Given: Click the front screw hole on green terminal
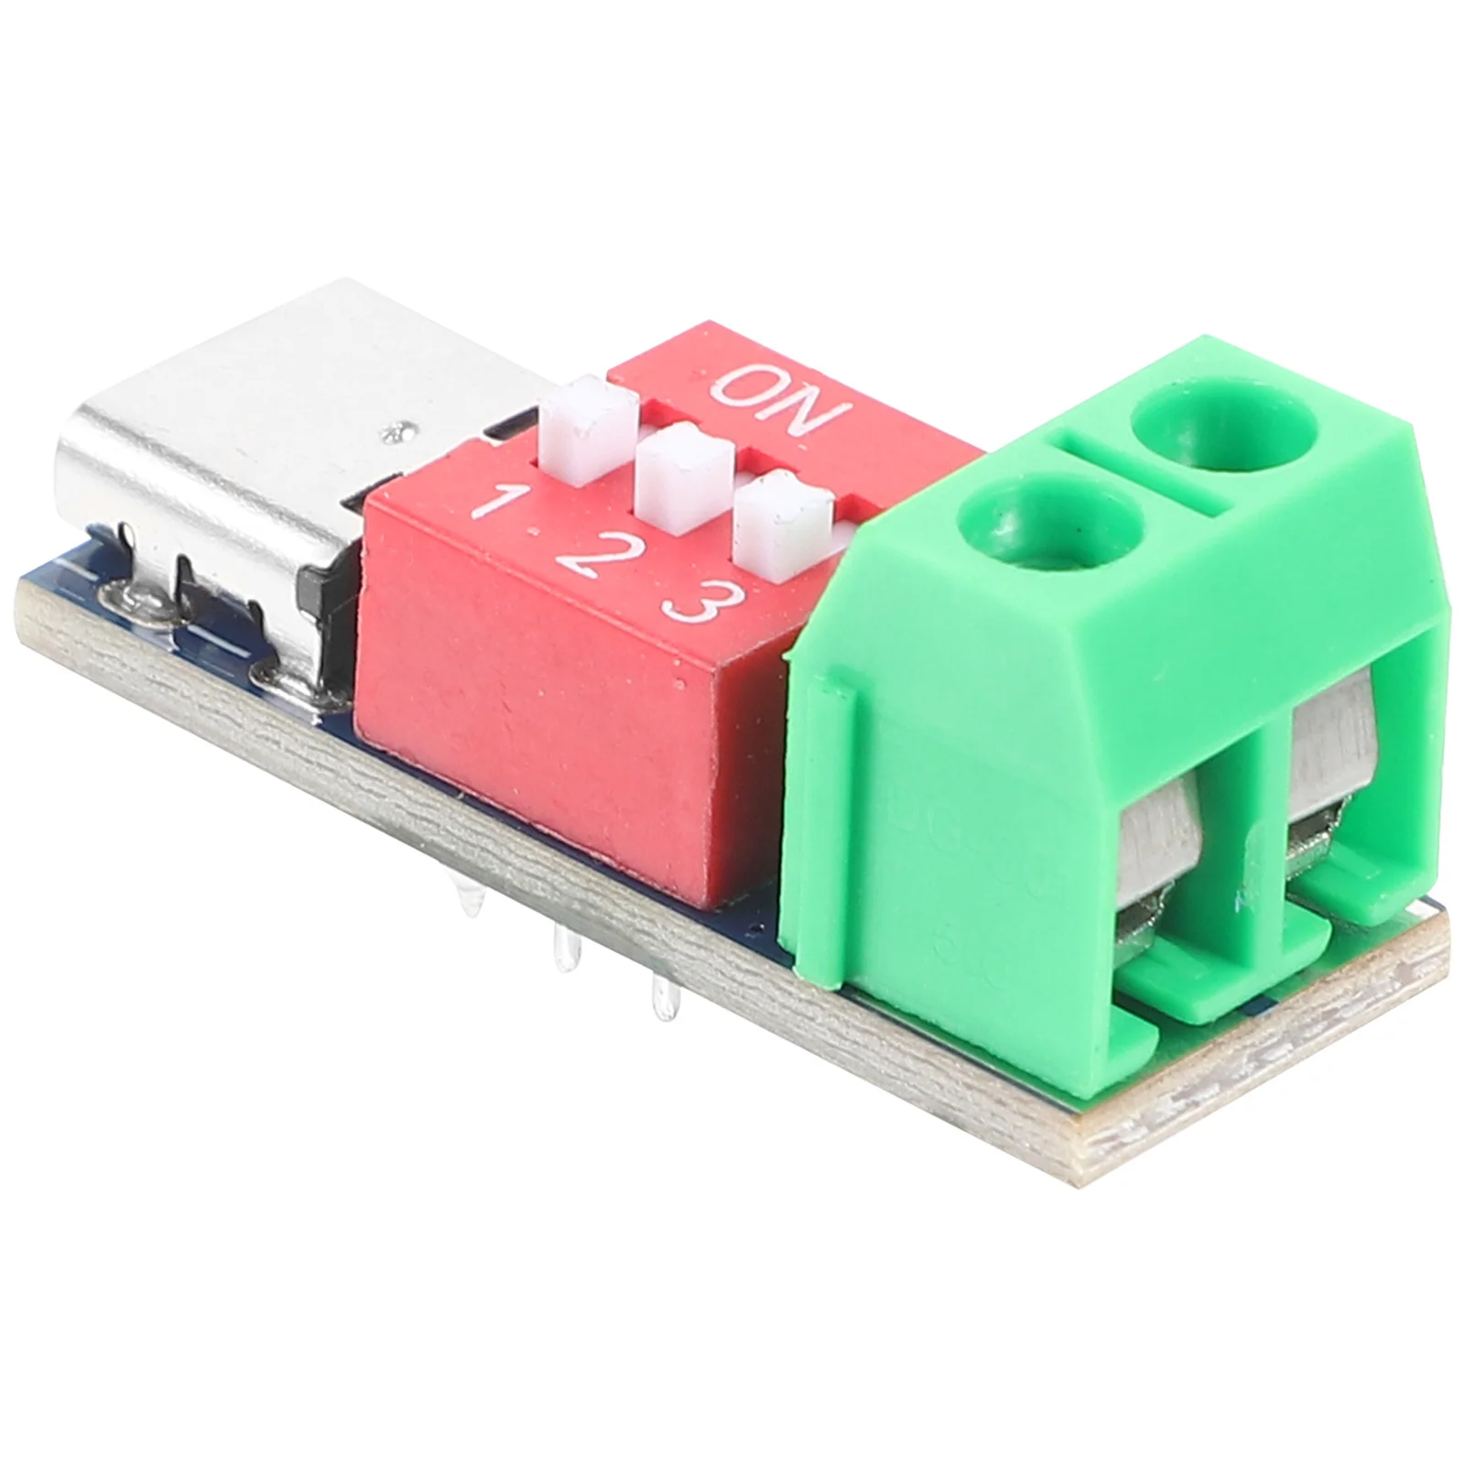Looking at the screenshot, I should tap(1052, 529).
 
